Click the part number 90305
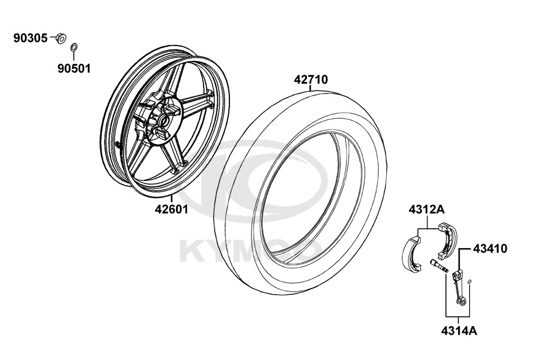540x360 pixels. coord(30,38)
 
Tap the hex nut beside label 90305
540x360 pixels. coord(62,38)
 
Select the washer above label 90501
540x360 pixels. coord(74,47)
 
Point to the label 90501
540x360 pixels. coord(74,68)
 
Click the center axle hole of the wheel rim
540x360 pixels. coord(163,121)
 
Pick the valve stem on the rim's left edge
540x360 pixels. coord(119,145)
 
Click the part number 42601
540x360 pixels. coord(171,209)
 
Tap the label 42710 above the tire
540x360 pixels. coord(311,79)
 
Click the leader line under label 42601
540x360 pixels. coord(171,199)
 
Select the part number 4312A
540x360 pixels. coord(427,209)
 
